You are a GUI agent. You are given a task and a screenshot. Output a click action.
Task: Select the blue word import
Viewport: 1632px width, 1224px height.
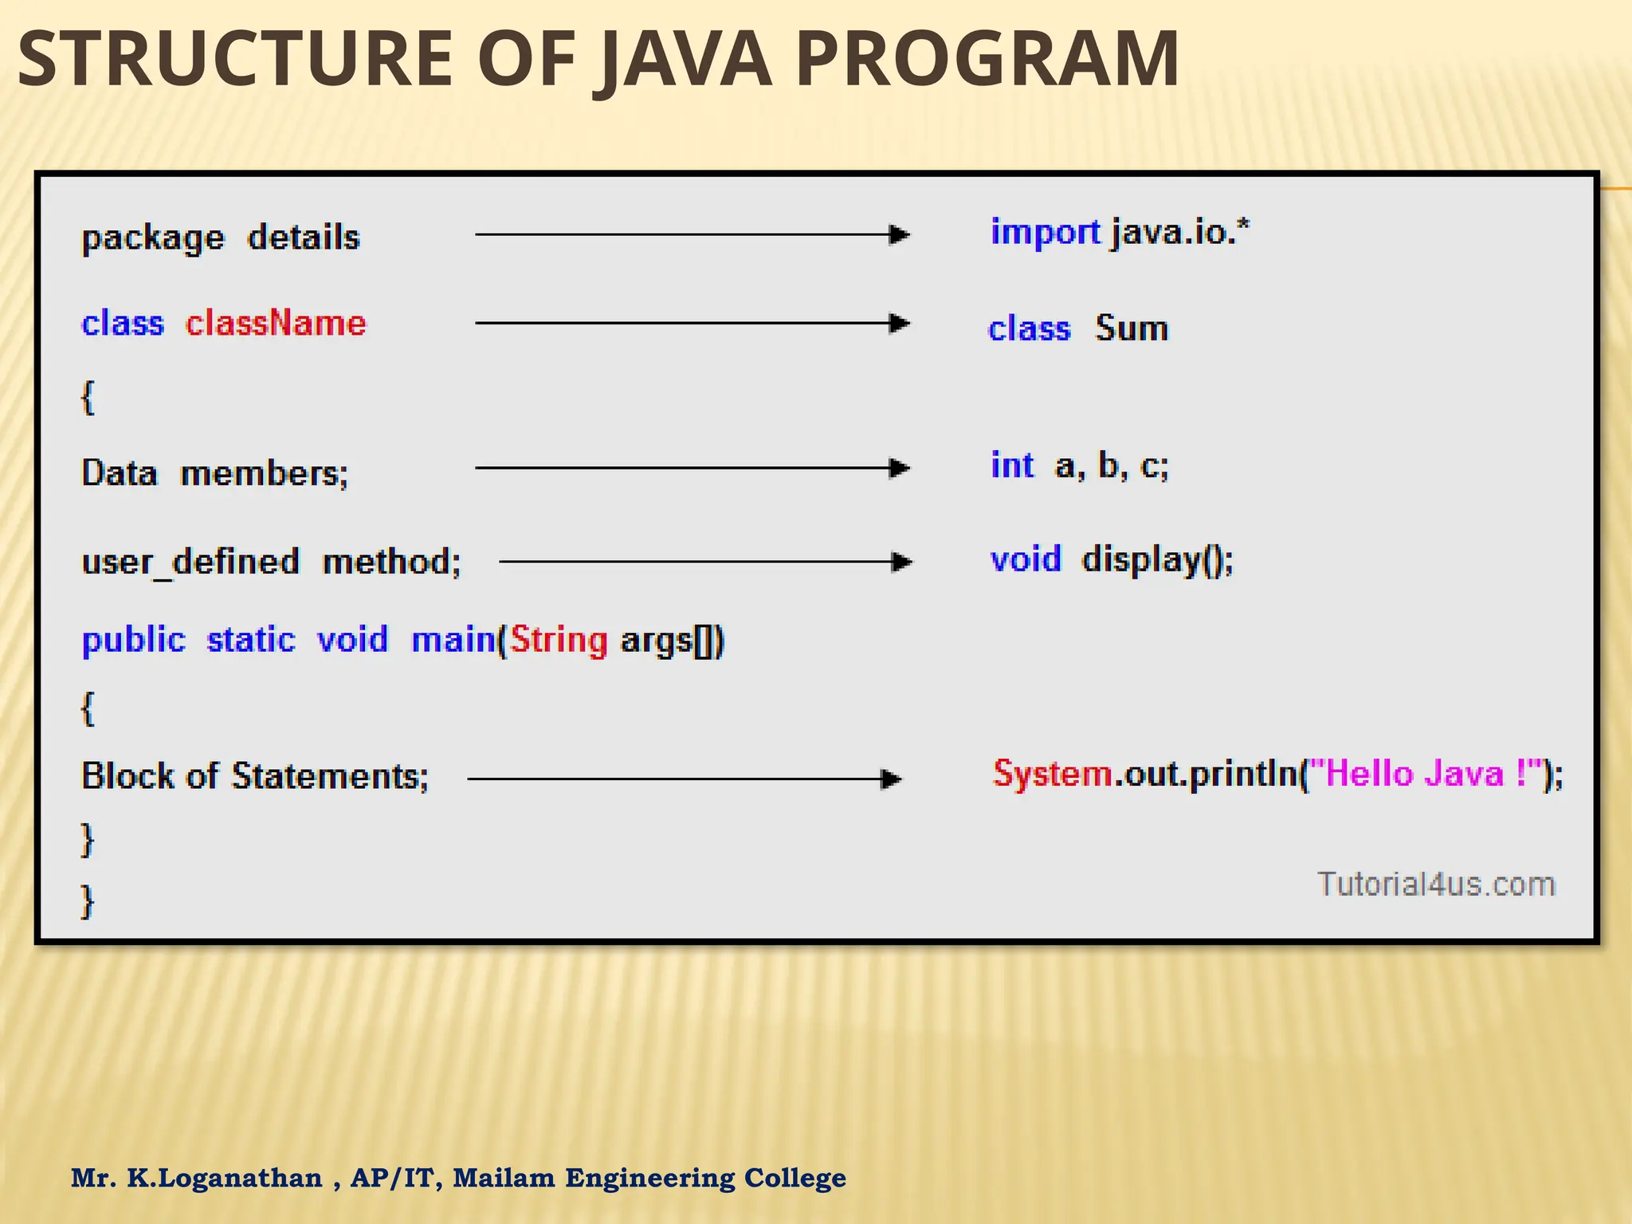coord(1045,232)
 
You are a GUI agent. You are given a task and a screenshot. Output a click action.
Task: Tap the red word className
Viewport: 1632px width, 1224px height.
coord(276,324)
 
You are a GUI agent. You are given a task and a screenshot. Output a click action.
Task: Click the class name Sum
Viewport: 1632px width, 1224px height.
coord(1132,328)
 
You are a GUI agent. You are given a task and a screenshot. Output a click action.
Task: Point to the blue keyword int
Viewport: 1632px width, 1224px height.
coord(1012,465)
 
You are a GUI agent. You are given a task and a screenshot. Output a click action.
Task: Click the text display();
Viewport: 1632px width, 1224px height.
coord(1157,559)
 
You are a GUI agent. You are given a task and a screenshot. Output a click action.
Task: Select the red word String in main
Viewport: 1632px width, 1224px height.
coord(559,640)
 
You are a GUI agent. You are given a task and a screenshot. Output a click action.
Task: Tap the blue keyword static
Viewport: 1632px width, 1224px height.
coord(251,640)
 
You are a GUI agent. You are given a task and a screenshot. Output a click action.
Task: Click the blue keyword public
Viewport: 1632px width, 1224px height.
coord(133,640)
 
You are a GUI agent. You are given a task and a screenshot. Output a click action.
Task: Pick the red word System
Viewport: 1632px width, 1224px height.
coord(1052,774)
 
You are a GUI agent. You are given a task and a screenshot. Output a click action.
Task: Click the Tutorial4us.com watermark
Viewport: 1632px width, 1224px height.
coord(1436,885)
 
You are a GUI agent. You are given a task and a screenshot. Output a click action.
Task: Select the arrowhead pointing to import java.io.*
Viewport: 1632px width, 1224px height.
coord(899,234)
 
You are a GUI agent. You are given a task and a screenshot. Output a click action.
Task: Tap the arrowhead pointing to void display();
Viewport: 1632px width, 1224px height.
coord(900,562)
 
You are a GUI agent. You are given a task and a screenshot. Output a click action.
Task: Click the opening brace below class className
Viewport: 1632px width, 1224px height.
coord(88,397)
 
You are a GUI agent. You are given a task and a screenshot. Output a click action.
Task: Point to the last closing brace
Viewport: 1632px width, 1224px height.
coord(88,901)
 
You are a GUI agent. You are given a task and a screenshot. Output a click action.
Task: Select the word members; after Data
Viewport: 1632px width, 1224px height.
coord(264,473)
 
